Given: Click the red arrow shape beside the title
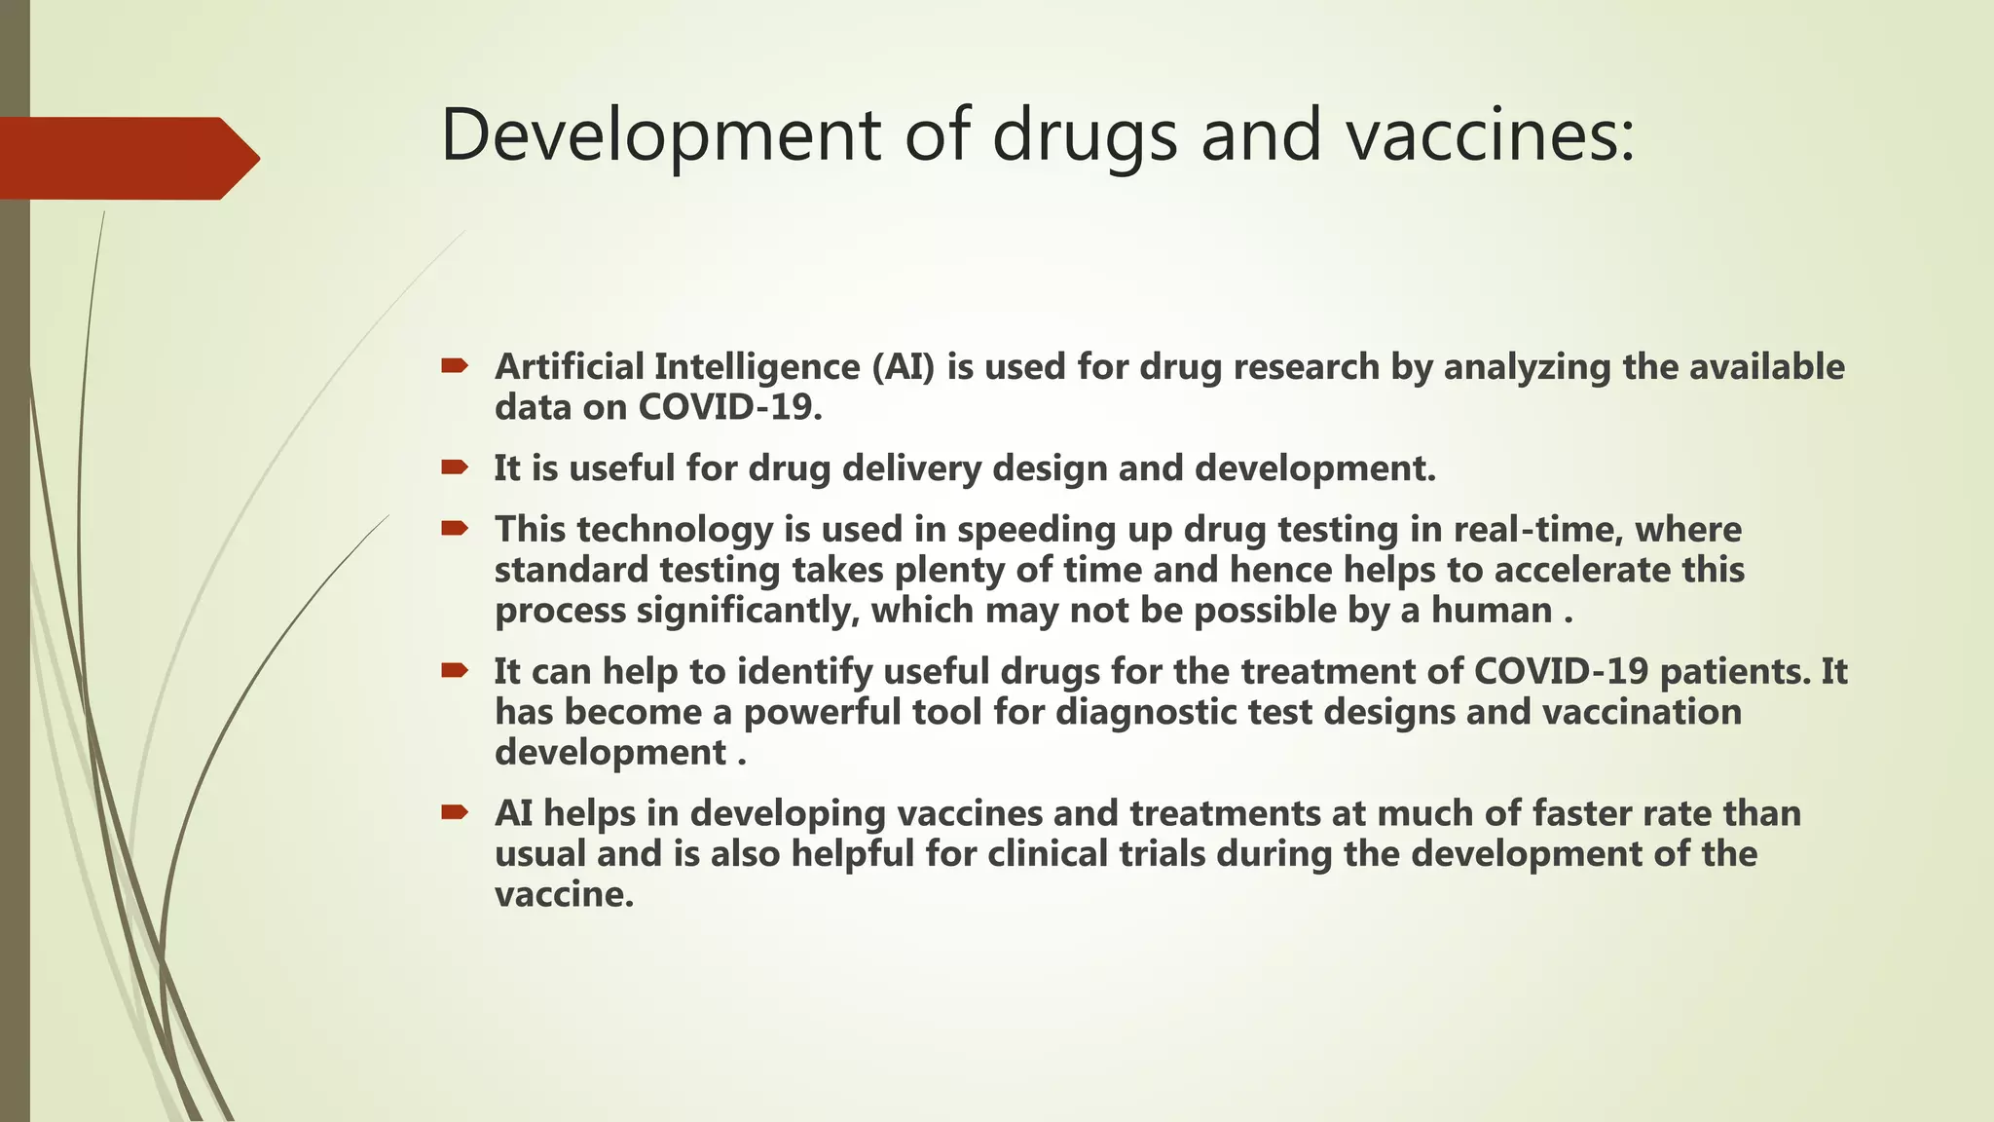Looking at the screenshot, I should tap(127, 158).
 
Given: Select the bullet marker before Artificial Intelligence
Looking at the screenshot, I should tap(454, 366).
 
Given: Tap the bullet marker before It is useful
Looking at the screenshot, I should tap(454, 467).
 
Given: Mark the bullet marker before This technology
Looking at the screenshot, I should tap(454, 529).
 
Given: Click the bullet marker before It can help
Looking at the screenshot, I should tap(454, 670).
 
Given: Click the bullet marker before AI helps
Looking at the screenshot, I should tap(454, 812).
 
